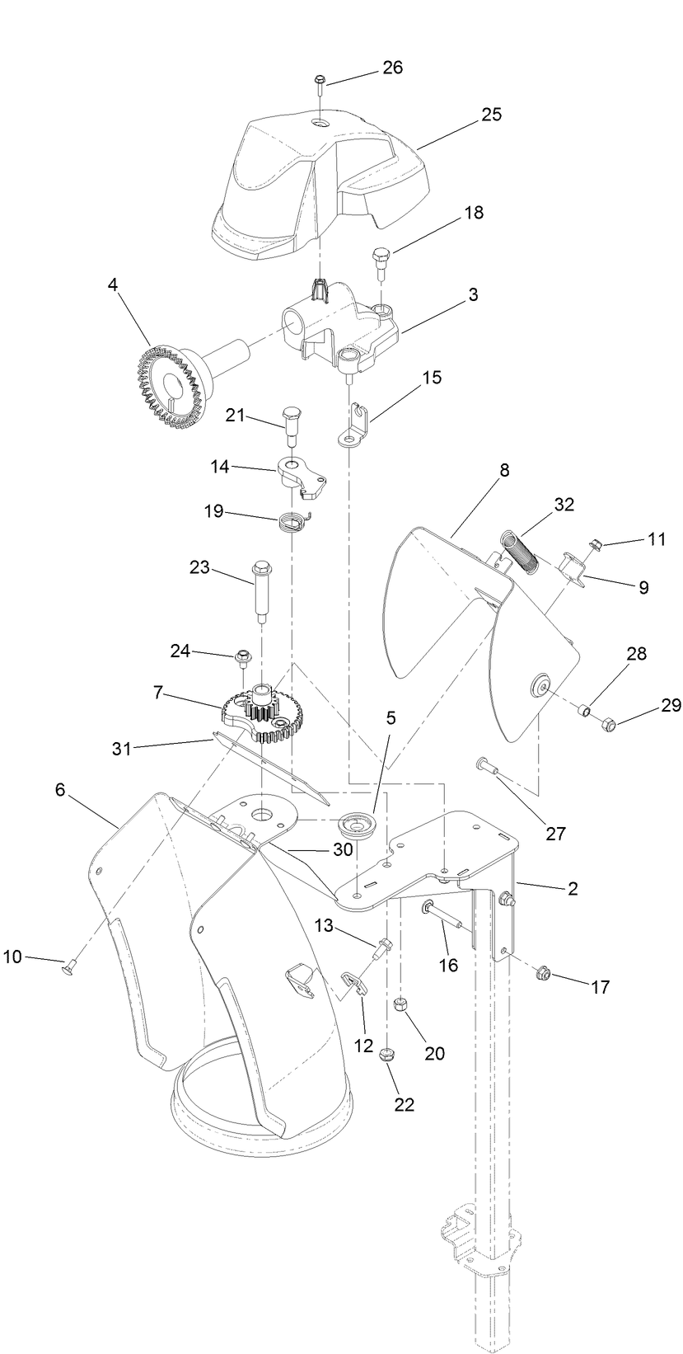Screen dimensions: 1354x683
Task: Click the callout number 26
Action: pos(392,67)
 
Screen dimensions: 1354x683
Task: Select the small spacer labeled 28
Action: pos(583,709)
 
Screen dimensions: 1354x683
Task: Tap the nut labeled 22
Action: pos(386,1054)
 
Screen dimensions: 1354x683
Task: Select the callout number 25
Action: pos(491,115)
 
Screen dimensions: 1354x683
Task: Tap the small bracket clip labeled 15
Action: pos(356,422)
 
